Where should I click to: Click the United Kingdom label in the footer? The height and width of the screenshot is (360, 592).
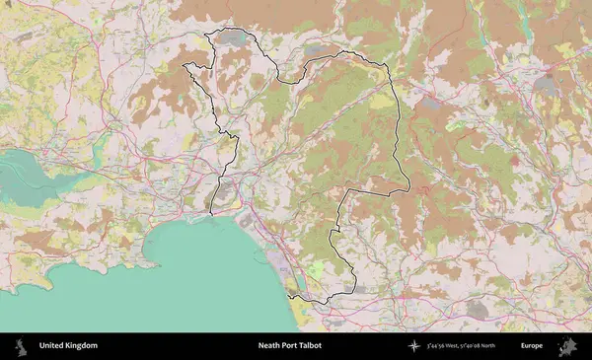pos(68,346)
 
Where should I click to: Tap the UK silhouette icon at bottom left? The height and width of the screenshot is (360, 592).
pos(19,346)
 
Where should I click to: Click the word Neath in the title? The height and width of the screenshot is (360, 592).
pos(269,346)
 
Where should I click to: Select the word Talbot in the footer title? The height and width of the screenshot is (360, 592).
pos(309,346)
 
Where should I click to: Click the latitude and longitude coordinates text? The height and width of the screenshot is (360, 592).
pos(467,346)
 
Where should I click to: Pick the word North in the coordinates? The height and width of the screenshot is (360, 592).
pos(498,346)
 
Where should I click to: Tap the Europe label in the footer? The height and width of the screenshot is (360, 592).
pos(532,346)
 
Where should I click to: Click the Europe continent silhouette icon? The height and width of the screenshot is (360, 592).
pos(568,346)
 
